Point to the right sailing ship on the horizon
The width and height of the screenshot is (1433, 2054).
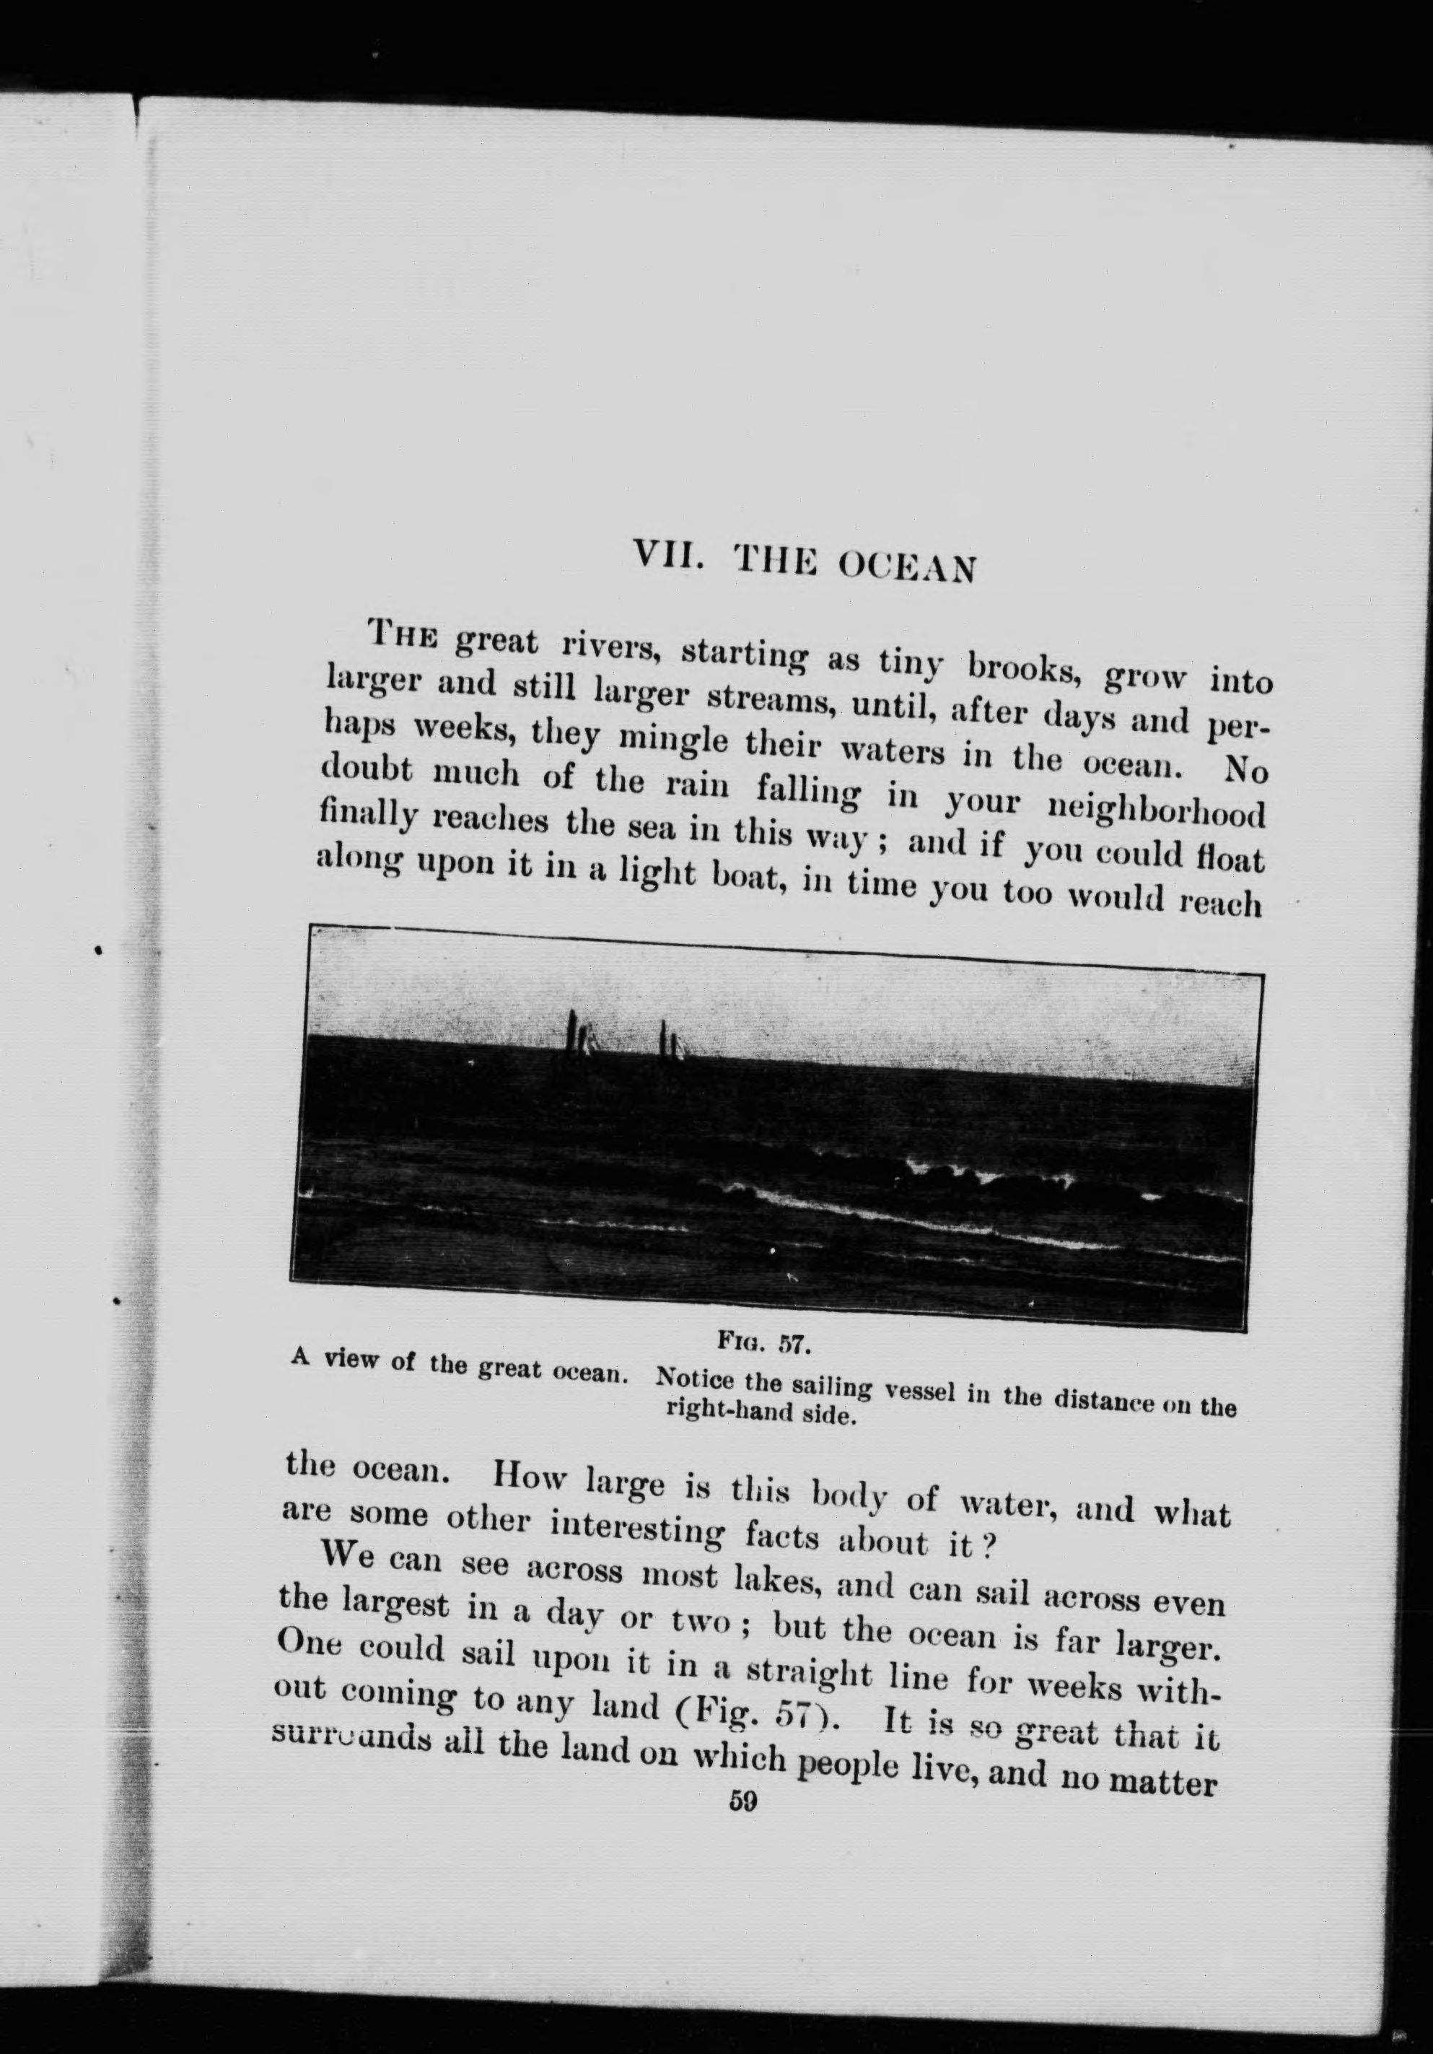671,1041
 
